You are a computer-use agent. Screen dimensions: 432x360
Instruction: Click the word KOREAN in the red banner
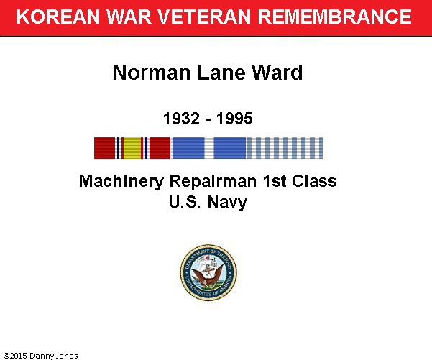[x=58, y=17]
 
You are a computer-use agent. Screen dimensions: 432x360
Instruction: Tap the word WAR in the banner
[x=129, y=17]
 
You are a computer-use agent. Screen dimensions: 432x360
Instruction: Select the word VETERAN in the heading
[x=204, y=17]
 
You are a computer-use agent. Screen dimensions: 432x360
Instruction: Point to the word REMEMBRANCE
[x=335, y=17]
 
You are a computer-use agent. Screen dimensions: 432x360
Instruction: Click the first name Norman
[x=152, y=73]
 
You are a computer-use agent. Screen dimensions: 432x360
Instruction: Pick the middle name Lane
[x=221, y=73]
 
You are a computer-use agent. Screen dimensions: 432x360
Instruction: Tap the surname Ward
[x=277, y=73]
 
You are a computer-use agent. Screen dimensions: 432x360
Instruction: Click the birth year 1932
[x=181, y=119]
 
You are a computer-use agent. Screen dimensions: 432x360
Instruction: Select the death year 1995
[x=234, y=119]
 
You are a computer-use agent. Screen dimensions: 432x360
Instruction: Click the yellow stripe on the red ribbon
[x=132, y=148]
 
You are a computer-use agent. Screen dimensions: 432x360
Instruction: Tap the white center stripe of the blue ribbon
[x=209, y=148]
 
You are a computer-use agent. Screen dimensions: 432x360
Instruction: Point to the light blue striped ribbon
[x=285, y=148]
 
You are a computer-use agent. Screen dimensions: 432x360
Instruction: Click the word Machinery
[x=121, y=182]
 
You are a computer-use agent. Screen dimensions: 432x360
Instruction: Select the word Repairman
[x=213, y=182]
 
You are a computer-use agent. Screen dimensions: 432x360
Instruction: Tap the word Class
[x=314, y=181]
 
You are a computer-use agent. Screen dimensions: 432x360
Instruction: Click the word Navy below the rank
[x=227, y=203]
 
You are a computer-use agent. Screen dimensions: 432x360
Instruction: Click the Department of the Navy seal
[x=208, y=272]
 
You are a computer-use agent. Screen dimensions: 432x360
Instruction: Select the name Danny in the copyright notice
[x=39, y=356]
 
